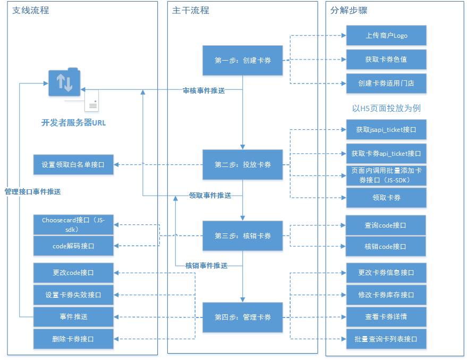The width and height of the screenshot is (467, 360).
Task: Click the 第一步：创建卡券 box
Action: point(243,61)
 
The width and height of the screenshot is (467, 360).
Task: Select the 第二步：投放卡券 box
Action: point(243,165)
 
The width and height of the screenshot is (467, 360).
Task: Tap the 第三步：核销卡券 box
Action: point(243,236)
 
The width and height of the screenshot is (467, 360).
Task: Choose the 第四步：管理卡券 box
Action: point(243,317)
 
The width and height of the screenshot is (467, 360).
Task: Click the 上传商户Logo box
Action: point(386,36)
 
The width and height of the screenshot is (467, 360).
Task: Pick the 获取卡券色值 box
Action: point(386,60)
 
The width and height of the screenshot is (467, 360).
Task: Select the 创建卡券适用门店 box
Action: point(386,83)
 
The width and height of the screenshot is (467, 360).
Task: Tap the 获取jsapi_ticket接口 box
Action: point(386,130)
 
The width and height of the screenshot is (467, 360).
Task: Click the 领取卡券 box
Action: point(386,198)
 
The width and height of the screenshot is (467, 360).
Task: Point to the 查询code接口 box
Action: point(386,225)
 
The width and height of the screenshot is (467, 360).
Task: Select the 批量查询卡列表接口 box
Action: point(386,339)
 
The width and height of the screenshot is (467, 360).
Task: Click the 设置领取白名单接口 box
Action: point(73,165)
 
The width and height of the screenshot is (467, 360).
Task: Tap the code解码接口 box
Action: point(73,246)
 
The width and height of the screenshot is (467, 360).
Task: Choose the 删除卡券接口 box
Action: point(73,339)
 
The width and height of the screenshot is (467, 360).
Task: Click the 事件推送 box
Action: point(73,316)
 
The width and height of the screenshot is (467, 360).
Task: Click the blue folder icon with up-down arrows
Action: point(64,82)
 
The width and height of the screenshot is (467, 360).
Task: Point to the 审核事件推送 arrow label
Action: point(203,91)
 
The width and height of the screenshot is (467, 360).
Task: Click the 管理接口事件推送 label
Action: point(32,191)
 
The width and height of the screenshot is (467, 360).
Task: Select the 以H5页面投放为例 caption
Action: point(386,108)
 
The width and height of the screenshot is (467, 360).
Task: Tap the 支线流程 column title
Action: point(31,10)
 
